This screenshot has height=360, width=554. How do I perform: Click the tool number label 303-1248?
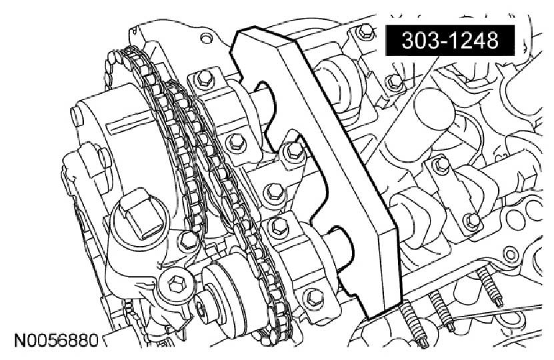[x=450, y=40]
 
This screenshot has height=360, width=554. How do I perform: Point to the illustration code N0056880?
[x=56, y=341]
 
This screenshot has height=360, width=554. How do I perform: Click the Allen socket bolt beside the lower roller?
[x=175, y=283]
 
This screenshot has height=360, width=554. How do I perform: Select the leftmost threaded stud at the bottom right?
[x=413, y=323]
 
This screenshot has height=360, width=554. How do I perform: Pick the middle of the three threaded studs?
[x=441, y=311]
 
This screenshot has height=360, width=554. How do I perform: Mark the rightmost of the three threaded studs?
[x=490, y=285]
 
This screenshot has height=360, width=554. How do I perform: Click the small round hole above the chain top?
[x=205, y=38]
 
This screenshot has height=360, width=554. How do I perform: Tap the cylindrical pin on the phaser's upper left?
[x=77, y=116]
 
